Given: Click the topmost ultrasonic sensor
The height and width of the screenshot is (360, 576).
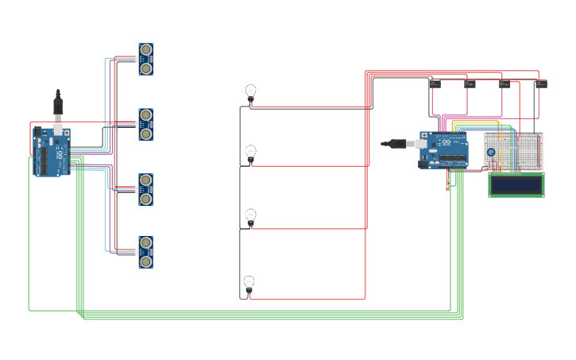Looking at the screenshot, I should (145, 60).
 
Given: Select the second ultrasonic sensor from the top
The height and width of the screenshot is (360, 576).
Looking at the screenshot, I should (145, 125).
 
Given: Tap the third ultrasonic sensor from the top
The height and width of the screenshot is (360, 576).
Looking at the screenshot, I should (145, 189).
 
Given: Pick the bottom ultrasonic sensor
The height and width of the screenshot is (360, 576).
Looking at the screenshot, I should (145, 252).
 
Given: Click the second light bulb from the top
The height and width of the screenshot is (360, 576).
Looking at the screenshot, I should (250, 153).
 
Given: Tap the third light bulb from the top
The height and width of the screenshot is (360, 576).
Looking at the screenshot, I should (250, 216).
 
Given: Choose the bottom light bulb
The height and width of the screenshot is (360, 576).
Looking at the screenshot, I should (249, 284).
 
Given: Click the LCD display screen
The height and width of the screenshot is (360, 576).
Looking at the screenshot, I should (516, 185).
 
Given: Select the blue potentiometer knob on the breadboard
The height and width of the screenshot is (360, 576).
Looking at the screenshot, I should (491, 153).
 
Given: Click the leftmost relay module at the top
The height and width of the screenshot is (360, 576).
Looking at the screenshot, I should (435, 83).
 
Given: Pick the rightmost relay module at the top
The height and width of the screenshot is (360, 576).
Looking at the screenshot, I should (541, 83).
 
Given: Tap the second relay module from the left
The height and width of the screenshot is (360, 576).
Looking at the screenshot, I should (470, 83).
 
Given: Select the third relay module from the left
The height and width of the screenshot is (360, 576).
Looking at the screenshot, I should (504, 83).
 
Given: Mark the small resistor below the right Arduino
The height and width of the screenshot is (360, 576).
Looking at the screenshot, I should (447, 187).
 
